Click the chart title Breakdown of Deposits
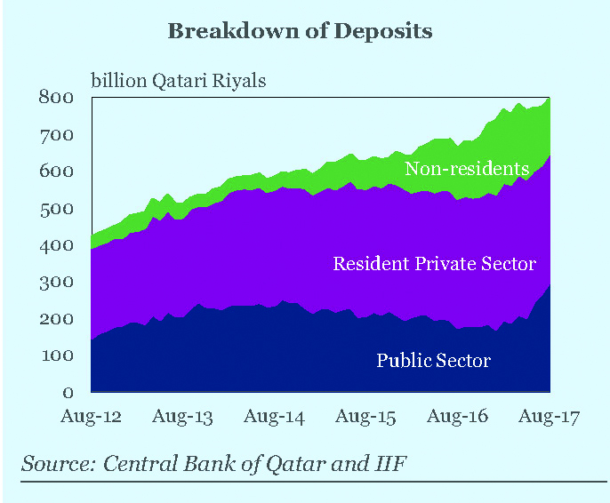(x=300, y=31)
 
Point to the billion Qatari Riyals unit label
(x=179, y=81)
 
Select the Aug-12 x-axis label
(x=91, y=416)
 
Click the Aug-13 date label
(x=182, y=416)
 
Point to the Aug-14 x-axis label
(x=274, y=416)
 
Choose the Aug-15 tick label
(x=365, y=416)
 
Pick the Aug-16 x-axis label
(x=457, y=416)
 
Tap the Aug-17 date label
(x=549, y=416)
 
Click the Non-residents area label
(x=467, y=169)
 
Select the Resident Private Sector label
(x=434, y=264)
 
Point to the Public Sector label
(x=433, y=360)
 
